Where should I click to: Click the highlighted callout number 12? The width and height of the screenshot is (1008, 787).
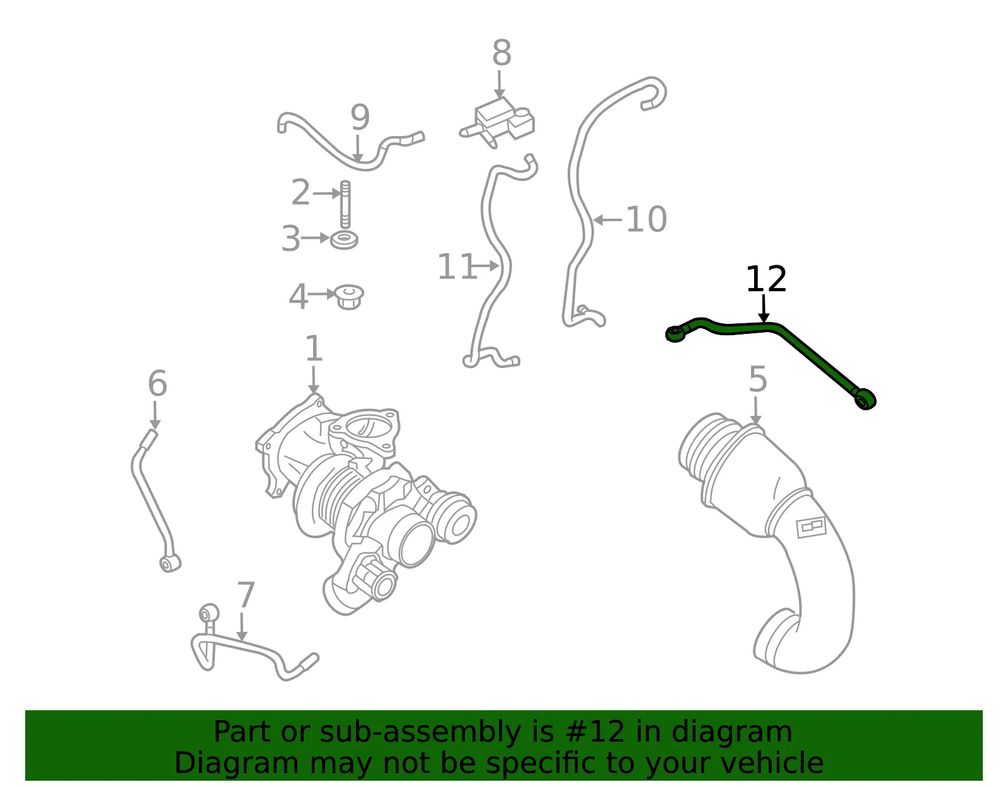pyautogui.click(x=766, y=279)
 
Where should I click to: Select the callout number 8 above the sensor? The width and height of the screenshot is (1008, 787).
pyautogui.click(x=501, y=53)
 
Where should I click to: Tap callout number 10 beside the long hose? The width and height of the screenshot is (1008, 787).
pyautogui.click(x=646, y=219)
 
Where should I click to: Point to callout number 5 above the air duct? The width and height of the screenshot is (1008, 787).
pyautogui.click(x=758, y=379)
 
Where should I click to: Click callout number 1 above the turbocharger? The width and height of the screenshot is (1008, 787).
pyautogui.click(x=314, y=348)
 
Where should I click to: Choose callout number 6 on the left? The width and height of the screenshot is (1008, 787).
pyautogui.click(x=157, y=383)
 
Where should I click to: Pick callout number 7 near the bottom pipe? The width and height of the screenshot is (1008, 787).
pyautogui.click(x=246, y=595)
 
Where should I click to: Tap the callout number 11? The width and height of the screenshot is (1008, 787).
pyautogui.click(x=457, y=267)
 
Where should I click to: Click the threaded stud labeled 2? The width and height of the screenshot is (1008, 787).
pyautogui.click(x=345, y=205)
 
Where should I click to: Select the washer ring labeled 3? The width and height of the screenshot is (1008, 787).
pyautogui.click(x=344, y=240)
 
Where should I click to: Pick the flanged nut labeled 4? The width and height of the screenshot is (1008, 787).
pyautogui.click(x=349, y=297)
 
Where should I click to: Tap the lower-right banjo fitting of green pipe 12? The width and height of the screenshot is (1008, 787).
pyautogui.click(x=864, y=399)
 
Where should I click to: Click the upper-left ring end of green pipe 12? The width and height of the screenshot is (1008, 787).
pyautogui.click(x=675, y=333)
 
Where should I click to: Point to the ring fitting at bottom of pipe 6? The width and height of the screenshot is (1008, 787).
pyautogui.click(x=169, y=563)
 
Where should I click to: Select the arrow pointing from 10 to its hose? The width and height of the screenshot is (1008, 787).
pyautogui.click(x=608, y=220)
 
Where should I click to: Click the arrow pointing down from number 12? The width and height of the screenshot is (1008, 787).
pyautogui.click(x=764, y=308)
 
